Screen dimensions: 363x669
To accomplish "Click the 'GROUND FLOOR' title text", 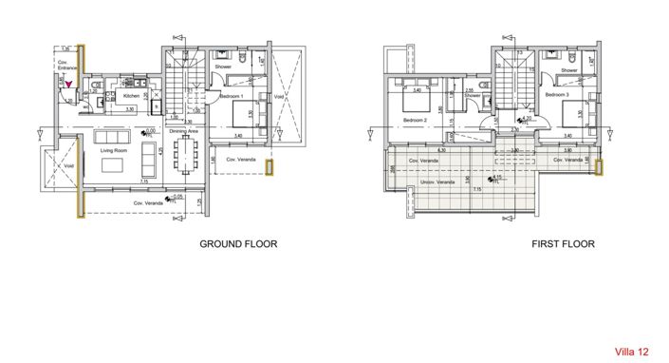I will click(238, 244).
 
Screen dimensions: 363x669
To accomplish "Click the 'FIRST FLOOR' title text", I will click(564, 244).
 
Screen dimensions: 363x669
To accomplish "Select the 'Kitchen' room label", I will click(130, 96).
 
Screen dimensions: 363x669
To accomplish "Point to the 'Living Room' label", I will click(115, 149).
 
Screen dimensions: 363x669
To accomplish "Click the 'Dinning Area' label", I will click(183, 132).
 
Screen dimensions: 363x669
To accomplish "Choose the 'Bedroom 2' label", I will click(415, 121).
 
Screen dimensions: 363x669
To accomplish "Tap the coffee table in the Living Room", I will click(114, 164).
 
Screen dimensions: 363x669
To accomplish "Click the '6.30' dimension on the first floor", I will click(441, 150).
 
